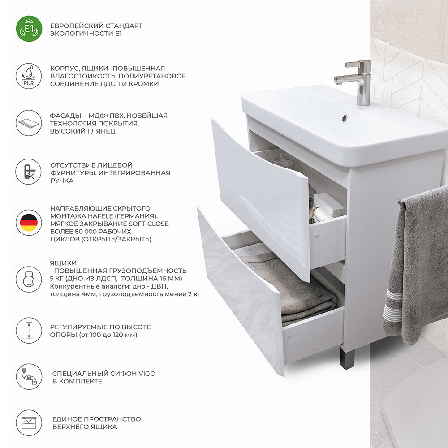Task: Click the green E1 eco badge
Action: (29, 29)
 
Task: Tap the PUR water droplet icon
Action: (29, 76)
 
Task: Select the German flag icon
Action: (29, 223)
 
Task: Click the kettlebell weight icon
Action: (29, 280)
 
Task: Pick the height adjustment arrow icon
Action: (29, 330)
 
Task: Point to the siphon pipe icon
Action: (29, 377)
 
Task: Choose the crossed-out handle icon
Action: (29, 172)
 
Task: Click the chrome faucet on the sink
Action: (356, 82)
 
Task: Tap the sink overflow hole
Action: (345, 118)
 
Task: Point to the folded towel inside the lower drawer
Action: (289, 286)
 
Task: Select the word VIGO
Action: (147, 374)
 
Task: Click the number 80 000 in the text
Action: (82, 232)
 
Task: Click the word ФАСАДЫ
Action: (65, 116)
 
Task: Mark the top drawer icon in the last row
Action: (29, 423)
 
